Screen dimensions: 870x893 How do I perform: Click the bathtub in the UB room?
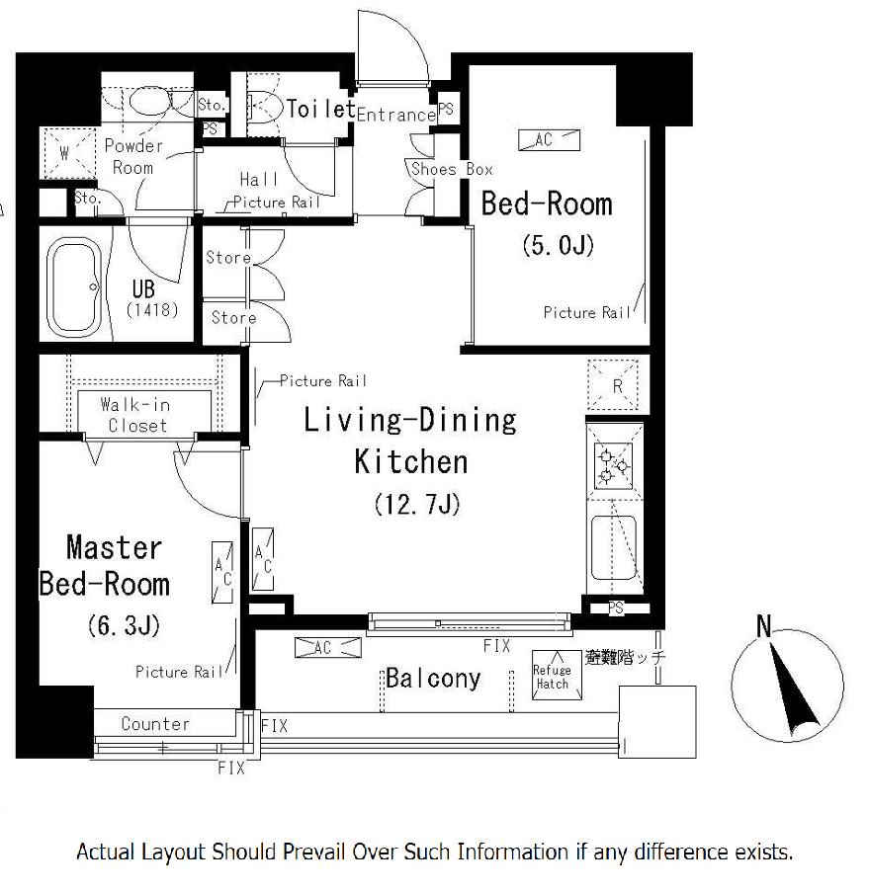pos(74,287)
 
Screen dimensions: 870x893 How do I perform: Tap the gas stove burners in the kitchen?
pos(613,466)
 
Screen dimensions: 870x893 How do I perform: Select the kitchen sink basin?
pos(613,547)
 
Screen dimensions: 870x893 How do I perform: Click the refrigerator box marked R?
pos(613,385)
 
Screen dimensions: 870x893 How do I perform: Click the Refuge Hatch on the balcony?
pos(557,676)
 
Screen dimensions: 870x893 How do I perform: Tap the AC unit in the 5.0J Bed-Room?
pos(549,140)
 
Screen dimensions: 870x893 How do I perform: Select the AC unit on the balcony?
pos(328,648)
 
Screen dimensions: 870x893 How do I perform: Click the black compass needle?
pos(793,690)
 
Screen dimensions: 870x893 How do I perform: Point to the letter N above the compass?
pos(764,626)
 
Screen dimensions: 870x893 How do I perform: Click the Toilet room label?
pos(320,109)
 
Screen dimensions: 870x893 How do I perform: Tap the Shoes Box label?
pos(452,169)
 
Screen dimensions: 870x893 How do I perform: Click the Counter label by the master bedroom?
pos(155,724)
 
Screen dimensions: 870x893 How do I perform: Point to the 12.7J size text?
pos(417,504)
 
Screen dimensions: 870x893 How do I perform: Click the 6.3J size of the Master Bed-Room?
pos(124,625)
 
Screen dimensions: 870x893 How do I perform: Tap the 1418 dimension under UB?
pos(151,310)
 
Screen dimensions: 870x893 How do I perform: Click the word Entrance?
pos(396,115)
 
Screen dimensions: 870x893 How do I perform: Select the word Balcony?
pos(433,679)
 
